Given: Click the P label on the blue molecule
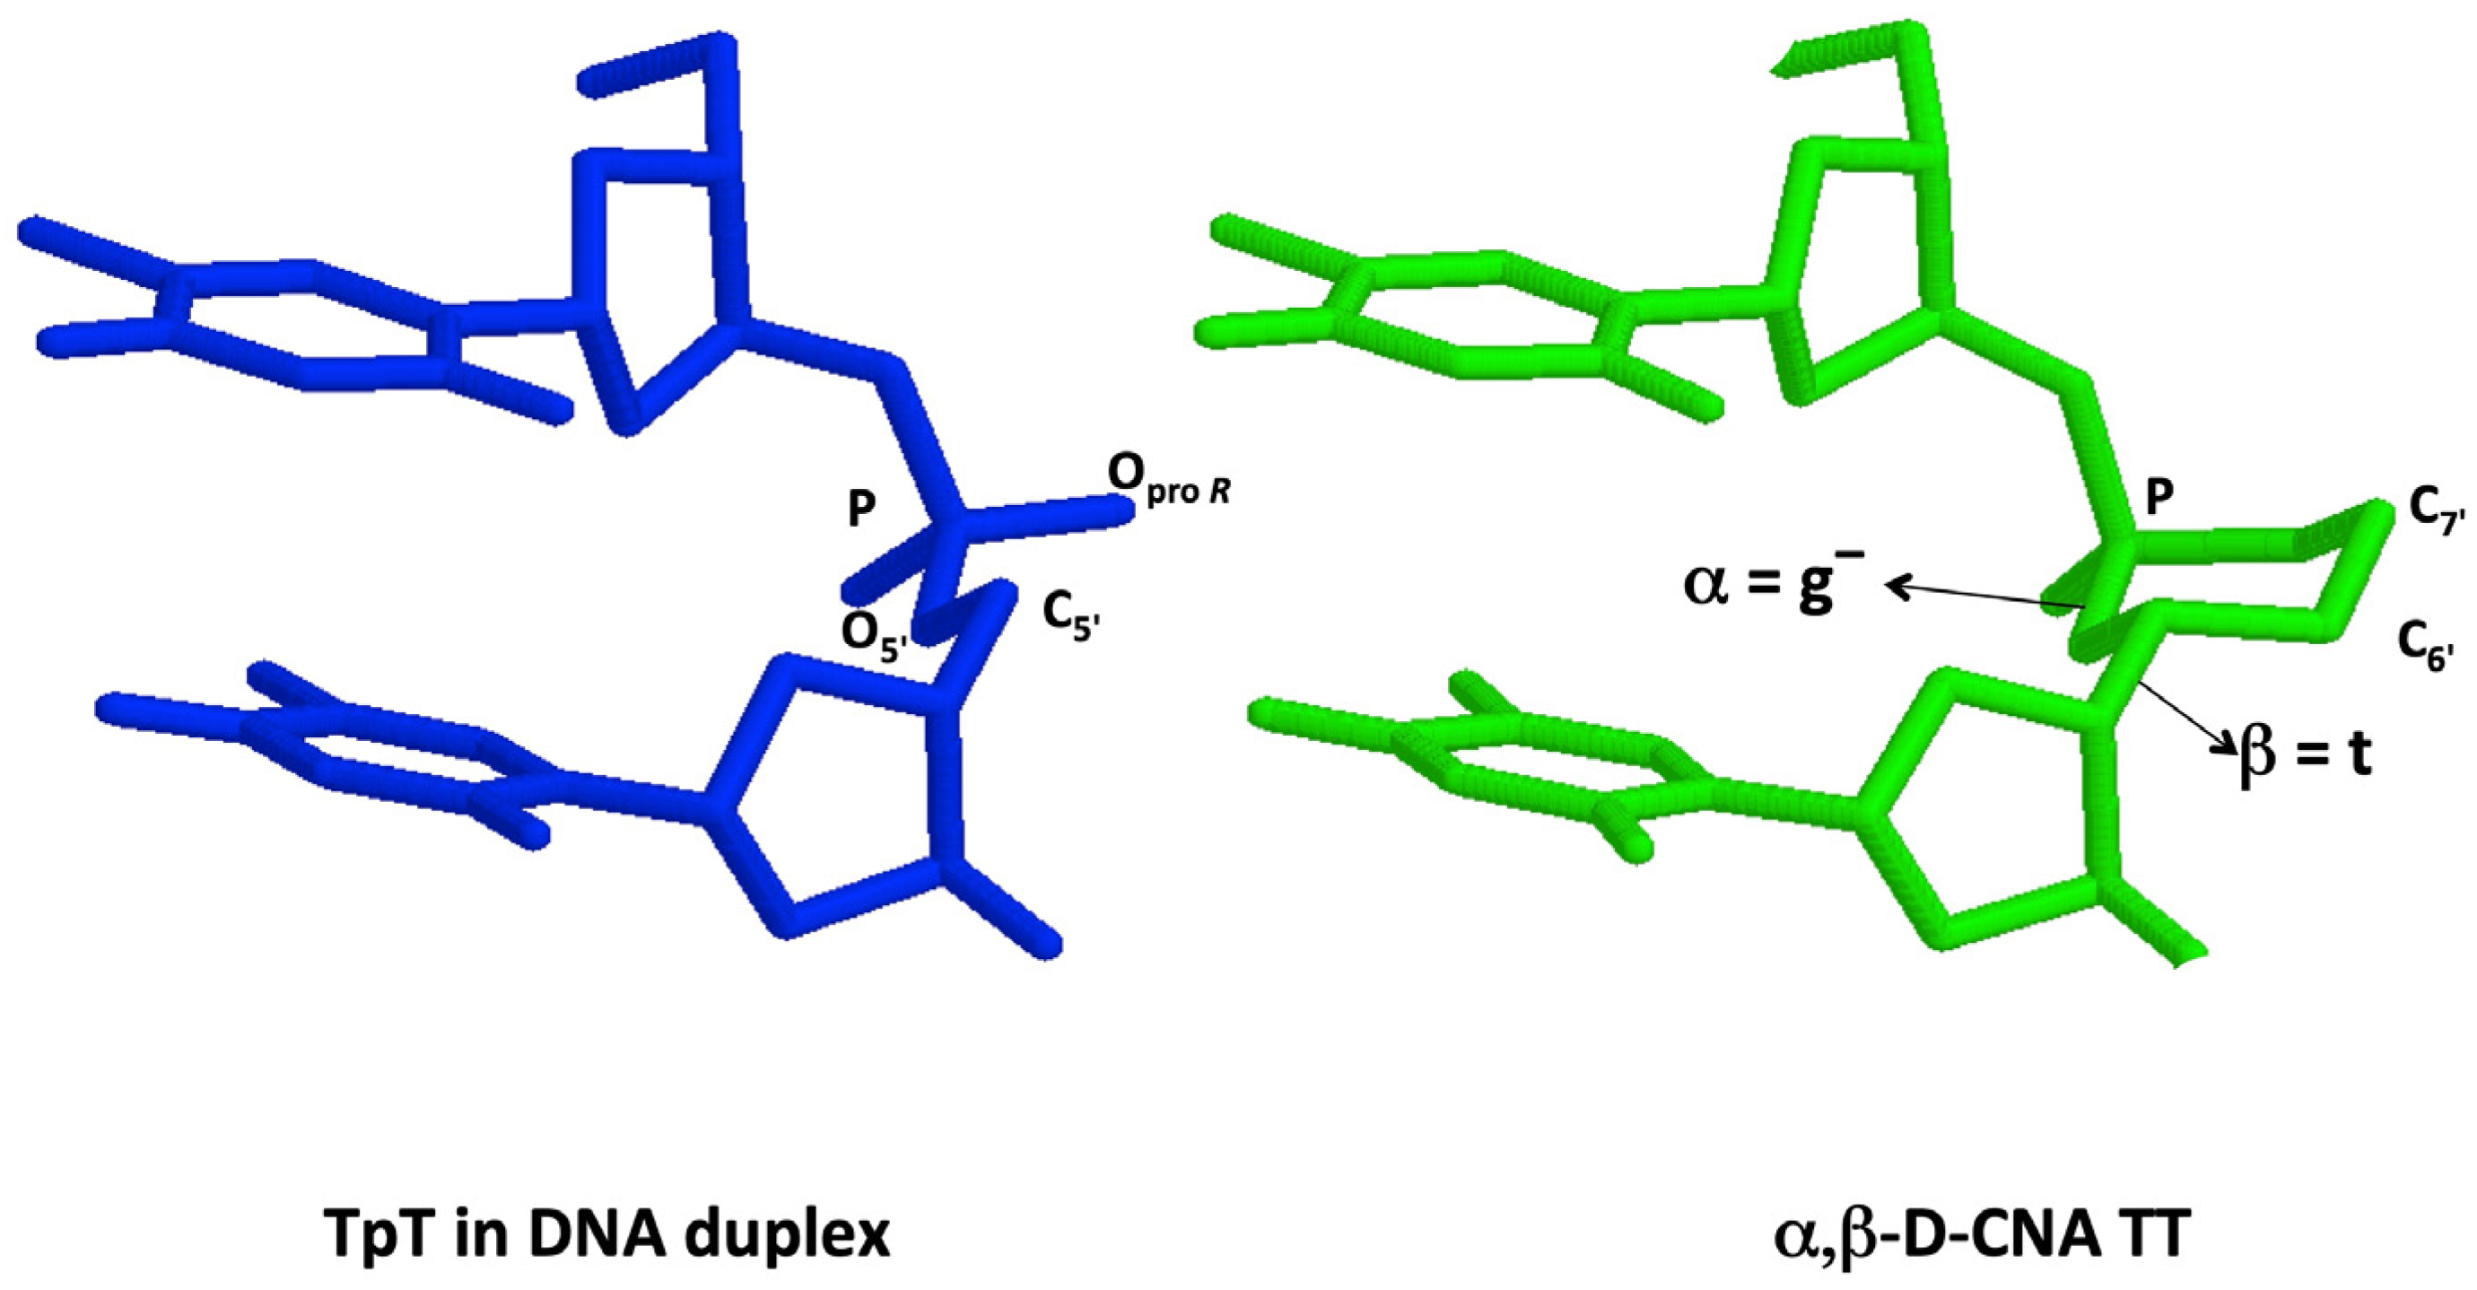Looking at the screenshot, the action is tap(860, 510).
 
